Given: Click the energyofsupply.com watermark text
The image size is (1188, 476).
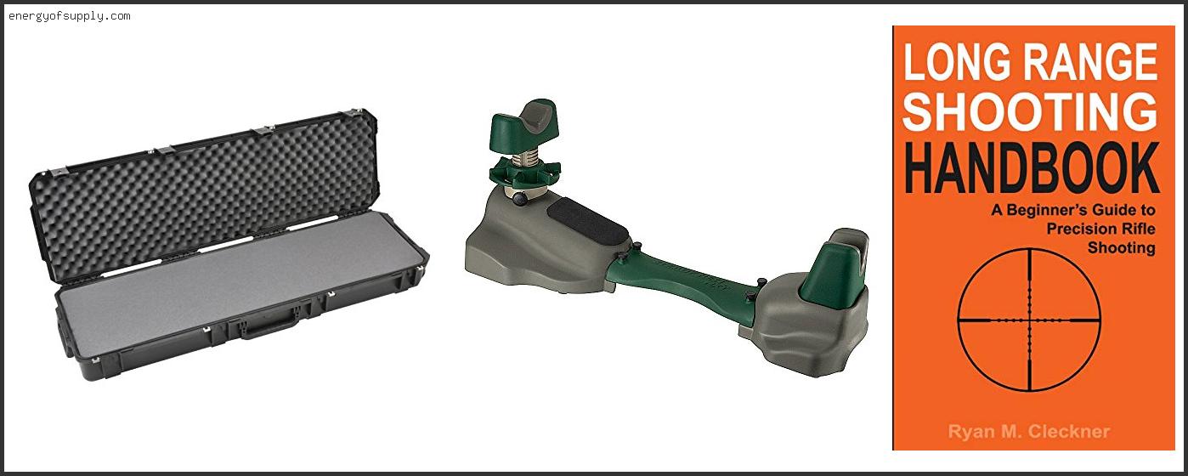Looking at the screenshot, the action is click(70, 16).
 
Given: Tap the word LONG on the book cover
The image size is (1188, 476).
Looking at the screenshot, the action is click(956, 62).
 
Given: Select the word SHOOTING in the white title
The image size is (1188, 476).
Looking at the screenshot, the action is click(1029, 111).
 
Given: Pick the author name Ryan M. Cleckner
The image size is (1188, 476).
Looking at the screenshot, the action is click(1029, 432).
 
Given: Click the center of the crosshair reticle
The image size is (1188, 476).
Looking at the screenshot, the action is click(1029, 320).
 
